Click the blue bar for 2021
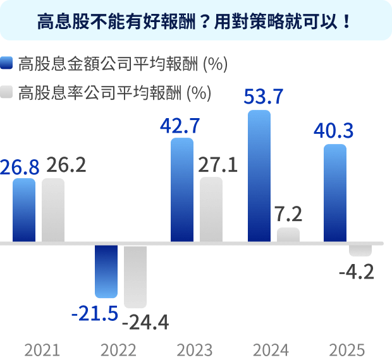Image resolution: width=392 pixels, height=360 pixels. [24, 210]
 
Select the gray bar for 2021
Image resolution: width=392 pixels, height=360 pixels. [53, 210]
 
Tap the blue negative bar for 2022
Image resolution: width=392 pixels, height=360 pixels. [106, 271]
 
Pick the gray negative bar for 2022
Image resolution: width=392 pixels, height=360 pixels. [135, 276]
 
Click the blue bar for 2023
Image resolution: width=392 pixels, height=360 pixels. [182, 189]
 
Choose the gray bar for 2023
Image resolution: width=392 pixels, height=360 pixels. [211, 210]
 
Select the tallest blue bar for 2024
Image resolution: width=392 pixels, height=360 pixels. [259, 176]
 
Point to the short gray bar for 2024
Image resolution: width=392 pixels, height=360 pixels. [288, 235]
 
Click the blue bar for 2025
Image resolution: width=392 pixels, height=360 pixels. [335, 193]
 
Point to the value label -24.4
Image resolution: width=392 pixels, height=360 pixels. [145, 322]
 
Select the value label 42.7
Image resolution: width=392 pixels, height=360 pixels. [180, 125]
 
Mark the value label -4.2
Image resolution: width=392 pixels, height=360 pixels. [356, 272]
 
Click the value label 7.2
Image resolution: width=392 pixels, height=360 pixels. [288, 213]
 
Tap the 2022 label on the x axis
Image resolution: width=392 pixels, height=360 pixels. [118, 349]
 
